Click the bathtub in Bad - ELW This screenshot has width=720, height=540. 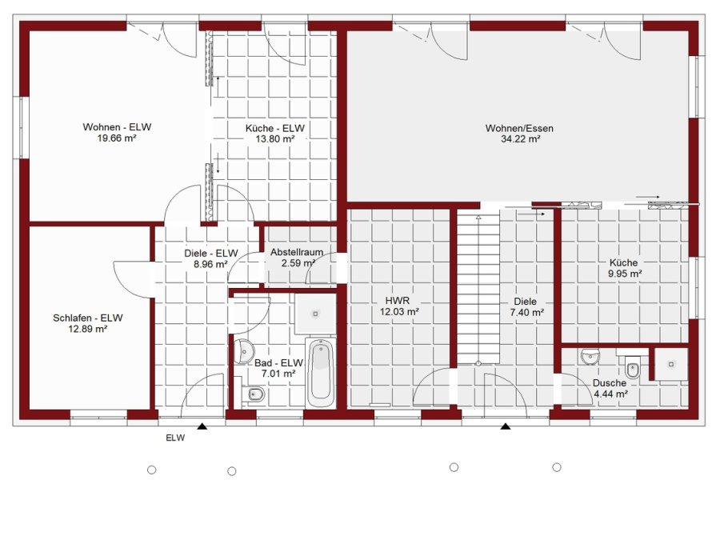pos(320,372)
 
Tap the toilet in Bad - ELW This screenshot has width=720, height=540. pos(253,394)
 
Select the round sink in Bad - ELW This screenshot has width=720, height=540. pos(243,352)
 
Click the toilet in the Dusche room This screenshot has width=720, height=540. pos(634,366)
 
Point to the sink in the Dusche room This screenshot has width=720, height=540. pos(590,356)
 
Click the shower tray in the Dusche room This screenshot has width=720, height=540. pos(671,364)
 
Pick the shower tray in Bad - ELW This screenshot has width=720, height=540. pos(315,314)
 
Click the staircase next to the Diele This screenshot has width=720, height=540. pos(478,287)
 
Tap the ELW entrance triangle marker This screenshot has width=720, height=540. pos(202,426)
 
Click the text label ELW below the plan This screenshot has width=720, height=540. pos(175,438)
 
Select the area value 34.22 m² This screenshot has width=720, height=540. pos(520,139)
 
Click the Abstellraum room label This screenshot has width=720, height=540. pos(297,252)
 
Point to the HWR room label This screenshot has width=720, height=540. pos(398,301)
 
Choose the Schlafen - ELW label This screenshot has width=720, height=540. pos(88,318)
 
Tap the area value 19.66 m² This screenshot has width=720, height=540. pos(117,138)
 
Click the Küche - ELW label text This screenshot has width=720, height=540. pos(275,128)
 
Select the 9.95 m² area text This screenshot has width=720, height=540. pos(625,274)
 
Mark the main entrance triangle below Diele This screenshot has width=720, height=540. pos(506,426)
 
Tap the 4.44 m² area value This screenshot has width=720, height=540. pos(610,394)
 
